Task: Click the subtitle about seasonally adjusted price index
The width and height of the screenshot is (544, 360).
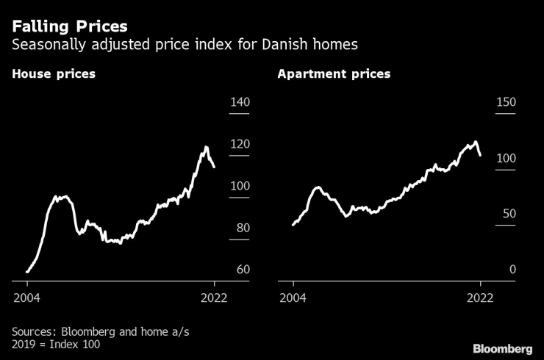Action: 185,45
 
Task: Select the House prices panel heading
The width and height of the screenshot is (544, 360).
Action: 53,74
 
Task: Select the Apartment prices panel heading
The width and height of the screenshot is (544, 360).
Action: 334,74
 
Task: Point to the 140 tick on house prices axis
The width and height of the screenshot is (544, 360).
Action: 240,101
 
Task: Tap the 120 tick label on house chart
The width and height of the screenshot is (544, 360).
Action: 240,144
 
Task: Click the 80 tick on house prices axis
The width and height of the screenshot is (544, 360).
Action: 243,228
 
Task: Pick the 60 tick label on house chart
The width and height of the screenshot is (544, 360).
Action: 243,270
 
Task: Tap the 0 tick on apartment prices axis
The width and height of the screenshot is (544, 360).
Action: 512,270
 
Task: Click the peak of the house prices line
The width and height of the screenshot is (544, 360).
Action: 206,147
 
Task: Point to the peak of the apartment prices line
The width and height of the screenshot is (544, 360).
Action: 476,142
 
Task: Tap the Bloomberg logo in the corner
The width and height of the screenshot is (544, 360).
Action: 502,347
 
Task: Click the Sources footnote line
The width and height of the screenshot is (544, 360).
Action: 101,332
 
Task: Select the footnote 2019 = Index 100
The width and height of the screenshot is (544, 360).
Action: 57,345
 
